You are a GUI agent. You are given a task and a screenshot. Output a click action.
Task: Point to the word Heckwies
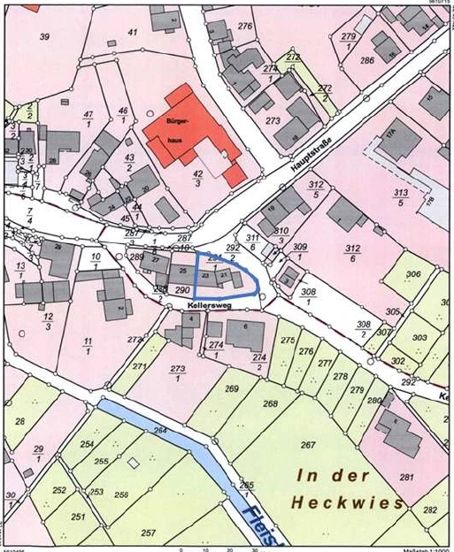coord(350,502)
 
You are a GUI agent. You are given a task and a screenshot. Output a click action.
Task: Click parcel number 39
coord(43,35)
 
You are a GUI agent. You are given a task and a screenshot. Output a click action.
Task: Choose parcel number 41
coord(133,32)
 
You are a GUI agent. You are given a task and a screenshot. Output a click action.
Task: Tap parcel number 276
coord(245,27)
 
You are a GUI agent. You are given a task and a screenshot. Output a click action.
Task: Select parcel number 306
coord(412,275)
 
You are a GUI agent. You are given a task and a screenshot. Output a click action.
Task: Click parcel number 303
coord(419,338)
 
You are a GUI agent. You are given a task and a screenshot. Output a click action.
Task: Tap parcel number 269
coord(232,389)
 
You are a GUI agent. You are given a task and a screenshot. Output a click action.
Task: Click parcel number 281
coord(406,478)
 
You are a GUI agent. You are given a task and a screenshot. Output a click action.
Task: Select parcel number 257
coord(148,533)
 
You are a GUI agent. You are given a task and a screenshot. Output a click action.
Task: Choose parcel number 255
coord(102,461)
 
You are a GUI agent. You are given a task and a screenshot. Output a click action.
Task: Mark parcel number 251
coord(78,517)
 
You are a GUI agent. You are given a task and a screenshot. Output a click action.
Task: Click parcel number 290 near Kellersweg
coord(181,289)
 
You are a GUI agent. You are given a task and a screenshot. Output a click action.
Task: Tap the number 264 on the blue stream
coord(160,431)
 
